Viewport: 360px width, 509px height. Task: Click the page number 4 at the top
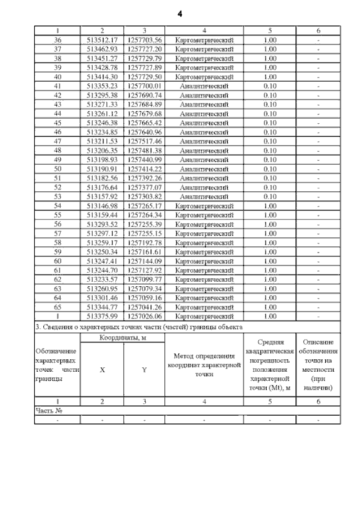[179, 12]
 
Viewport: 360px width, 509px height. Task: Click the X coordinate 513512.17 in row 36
[102, 40]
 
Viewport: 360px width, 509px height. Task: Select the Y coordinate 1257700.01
[145, 86]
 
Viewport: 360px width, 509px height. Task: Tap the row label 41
[57, 86]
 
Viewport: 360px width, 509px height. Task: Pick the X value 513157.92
[102, 197]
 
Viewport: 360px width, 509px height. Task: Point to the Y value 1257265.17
[145, 206]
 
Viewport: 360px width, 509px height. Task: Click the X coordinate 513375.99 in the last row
[102, 317]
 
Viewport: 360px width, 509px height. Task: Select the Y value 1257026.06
[145, 317]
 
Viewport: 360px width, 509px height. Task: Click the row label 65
[57, 308]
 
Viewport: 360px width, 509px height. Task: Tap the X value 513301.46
[102, 298]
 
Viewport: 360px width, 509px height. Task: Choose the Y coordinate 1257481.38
[145, 151]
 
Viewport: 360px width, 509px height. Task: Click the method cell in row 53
[204, 197]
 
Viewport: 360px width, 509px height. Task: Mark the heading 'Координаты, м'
[123, 337]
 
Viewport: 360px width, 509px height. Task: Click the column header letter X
[102, 370]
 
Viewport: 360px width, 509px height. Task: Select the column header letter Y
[145, 370]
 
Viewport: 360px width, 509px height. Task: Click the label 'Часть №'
[48, 411]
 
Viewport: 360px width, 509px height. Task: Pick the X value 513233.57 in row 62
[102, 280]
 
